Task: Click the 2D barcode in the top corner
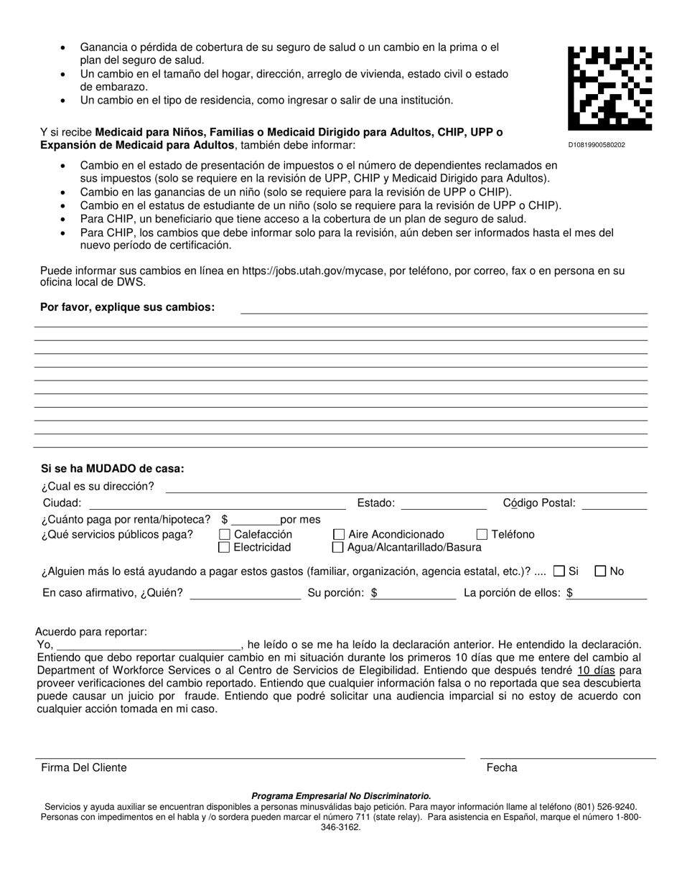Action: point(609,88)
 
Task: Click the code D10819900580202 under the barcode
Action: point(596,145)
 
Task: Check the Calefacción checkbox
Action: point(224,535)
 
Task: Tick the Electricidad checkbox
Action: point(224,548)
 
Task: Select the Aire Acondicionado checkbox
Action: point(338,535)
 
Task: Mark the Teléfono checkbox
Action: point(482,535)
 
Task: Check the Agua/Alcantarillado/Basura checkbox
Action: point(338,548)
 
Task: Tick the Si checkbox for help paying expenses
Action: point(559,571)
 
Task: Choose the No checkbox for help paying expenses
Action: point(601,571)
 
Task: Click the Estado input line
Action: point(443,503)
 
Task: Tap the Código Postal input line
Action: point(614,503)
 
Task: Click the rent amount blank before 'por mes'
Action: point(255,520)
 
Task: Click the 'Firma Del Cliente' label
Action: point(84,767)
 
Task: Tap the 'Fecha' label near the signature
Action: point(502,767)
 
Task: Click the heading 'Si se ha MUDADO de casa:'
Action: point(113,469)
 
